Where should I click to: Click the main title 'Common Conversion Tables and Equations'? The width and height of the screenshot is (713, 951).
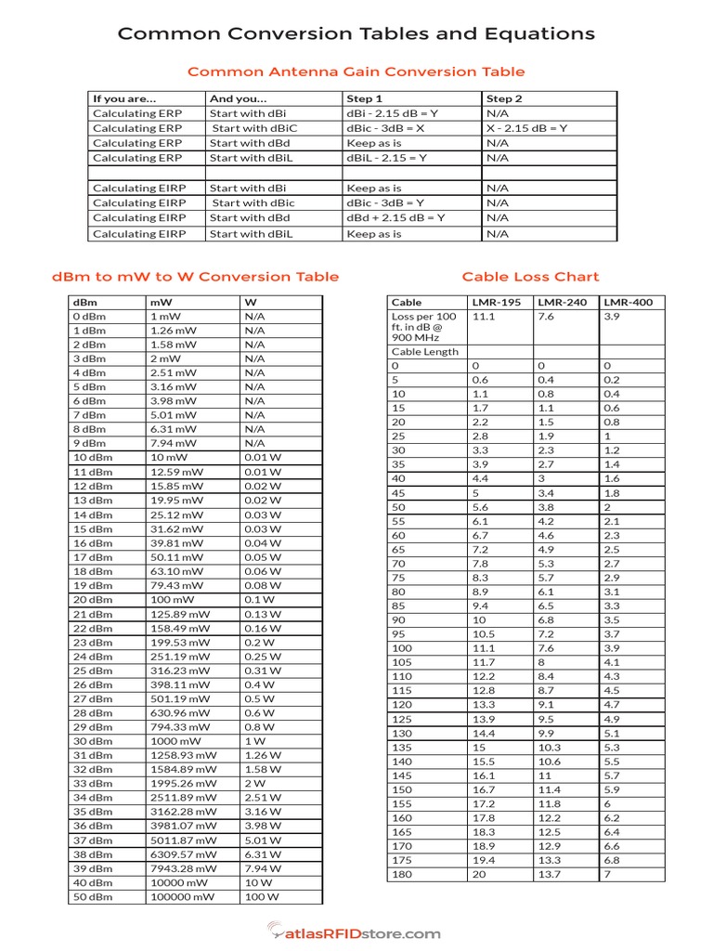click(356, 34)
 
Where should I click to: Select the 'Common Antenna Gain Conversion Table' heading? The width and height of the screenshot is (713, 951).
click(356, 72)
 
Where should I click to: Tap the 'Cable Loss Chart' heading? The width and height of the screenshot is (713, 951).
click(530, 277)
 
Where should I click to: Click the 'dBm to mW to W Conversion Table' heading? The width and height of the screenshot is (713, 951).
click(195, 277)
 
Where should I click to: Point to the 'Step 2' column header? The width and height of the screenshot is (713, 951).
click(504, 98)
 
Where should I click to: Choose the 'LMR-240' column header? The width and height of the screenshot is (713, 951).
click(563, 302)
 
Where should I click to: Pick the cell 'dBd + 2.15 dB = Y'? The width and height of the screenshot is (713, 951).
click(395, 217)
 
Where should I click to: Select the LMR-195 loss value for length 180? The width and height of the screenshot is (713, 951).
click(480, 875)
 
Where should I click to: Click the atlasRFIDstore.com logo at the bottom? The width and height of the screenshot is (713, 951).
click(356, 931)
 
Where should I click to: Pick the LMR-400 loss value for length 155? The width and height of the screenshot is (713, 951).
click(607, 804)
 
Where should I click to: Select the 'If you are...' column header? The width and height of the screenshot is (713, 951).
click(125, 98)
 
